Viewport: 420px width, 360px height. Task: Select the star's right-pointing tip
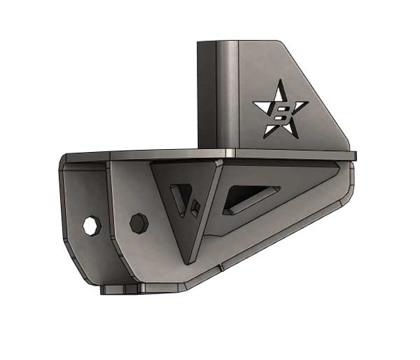tap(307, 105)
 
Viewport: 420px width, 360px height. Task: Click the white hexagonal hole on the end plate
tap(92, 226)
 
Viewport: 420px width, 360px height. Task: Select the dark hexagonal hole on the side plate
tap(139, 223)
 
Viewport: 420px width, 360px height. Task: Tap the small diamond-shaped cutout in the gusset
tap(197, 206)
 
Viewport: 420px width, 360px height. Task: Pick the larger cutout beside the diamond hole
tap(181, 197)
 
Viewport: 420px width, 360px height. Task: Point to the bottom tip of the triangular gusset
tap(187, 262)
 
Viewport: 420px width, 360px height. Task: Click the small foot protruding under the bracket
tap(115, 289)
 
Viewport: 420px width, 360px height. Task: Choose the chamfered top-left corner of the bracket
tap(65, 162)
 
